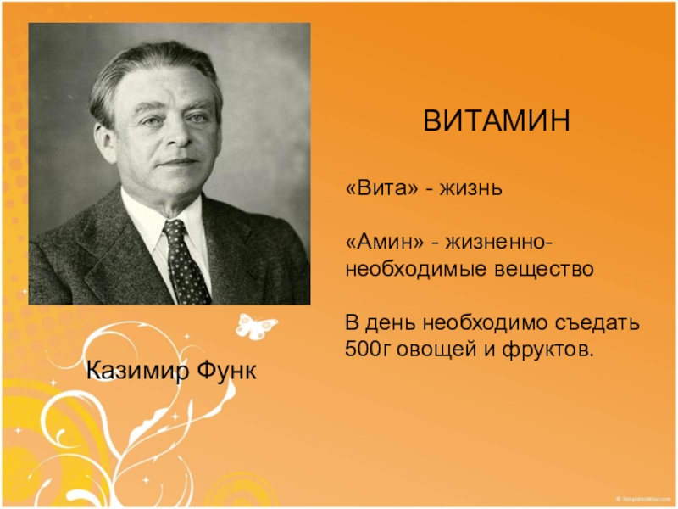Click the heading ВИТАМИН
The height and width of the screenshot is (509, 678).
(x=497, y=120)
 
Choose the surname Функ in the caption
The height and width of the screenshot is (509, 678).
(x=228, y=370)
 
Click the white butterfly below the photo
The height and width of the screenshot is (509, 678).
(x=255, y=325)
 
